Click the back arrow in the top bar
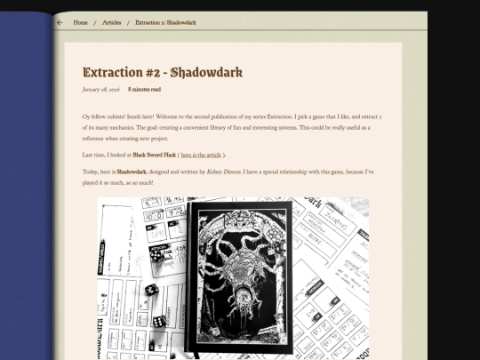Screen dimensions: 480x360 pos(60,22)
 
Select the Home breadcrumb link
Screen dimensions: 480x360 pos(80,22)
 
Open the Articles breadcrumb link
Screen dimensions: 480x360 pos(112,22)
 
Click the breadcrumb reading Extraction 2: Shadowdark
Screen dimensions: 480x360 pos(165,22)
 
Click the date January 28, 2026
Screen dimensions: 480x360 pos(100,90)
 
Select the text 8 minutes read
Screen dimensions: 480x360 pos(144,90)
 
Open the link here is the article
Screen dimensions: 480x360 pos(204,155)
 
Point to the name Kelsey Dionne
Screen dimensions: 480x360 pos(226,171)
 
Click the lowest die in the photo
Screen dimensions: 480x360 pos(159,320)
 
